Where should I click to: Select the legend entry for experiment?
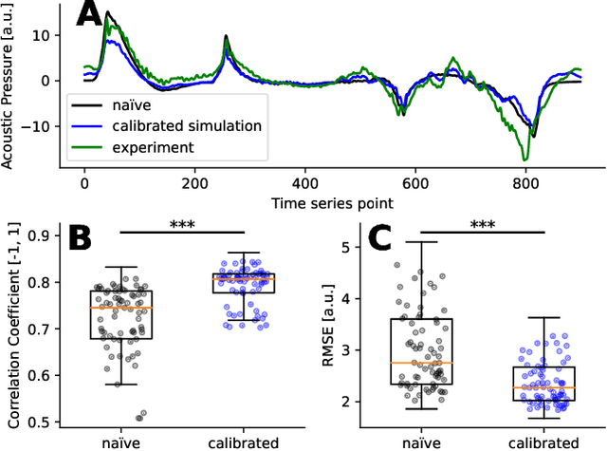(140, 147)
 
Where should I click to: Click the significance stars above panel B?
(182, 224)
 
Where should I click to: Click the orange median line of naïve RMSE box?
(421, 363)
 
